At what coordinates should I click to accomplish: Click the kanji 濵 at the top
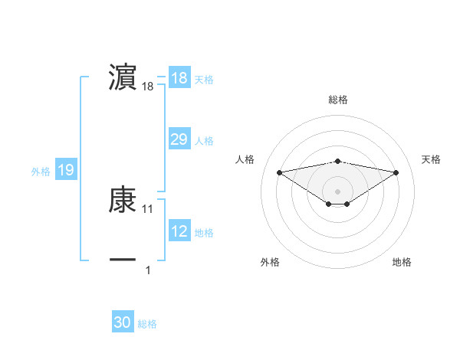click(x=123, y=77)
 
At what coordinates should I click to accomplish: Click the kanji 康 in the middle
click(x=123, y=201)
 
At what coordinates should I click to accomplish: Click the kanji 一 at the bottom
click(x=123, y=260)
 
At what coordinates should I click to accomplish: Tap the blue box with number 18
click(x=179, y=78)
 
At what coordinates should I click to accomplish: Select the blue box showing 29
click(x=179, y=139)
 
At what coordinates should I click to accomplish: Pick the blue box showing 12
click(x=179, y=231)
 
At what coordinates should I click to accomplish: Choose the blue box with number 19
click(x=66, y=170)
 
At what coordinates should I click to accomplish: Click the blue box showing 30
click(x=123, y=322)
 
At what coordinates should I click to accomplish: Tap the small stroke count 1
click(x=148, y=270)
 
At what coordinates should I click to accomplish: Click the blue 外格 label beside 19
click(x=41, y=172)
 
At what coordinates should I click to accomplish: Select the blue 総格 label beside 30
click(x=147, y=324)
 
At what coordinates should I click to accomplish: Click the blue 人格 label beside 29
click(x=204, y=141)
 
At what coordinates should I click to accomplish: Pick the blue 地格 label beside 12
click(x=204, y=233)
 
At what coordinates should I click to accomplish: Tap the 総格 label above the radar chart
click(x=338, y=100)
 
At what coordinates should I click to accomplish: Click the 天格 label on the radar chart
click(x=431, y=159)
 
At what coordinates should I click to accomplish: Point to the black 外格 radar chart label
click(x=270, y=262)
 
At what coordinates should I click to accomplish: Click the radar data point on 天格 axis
click(x=396, y=172)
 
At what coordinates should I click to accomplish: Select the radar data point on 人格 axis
click(x=279, y=172)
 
